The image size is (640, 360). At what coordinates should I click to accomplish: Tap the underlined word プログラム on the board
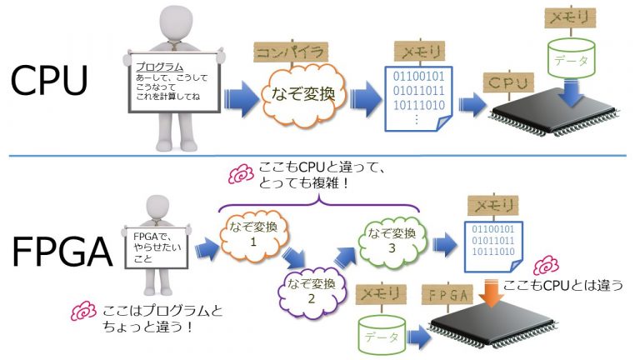[x=159, y=65]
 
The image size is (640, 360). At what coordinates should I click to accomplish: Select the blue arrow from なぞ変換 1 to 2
[x=293, y=252]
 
